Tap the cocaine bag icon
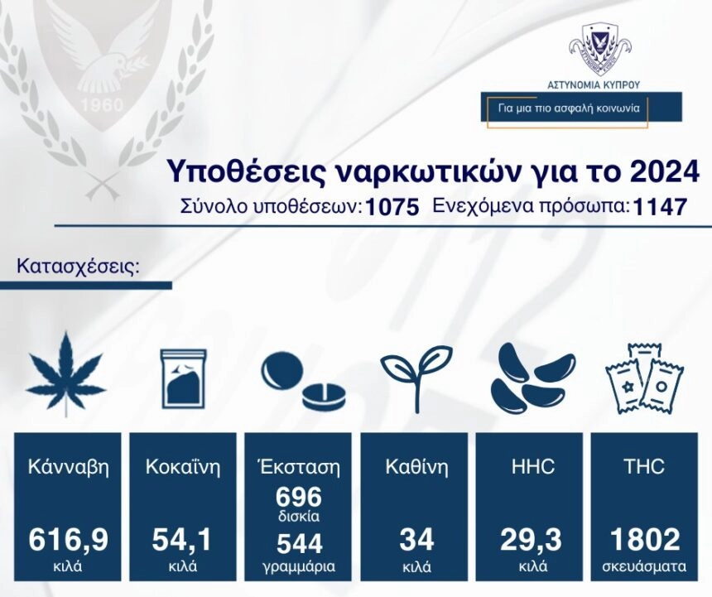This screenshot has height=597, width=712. click(184, 379)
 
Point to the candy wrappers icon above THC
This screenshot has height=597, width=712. click(645, 379)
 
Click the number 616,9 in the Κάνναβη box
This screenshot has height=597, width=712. click(68, 540)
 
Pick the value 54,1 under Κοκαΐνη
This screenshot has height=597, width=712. click(181, 540)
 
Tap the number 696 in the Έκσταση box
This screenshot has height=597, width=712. click(299, 497)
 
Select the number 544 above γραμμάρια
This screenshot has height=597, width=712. click(299, 543)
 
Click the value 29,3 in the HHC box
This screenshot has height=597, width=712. click(531, 540)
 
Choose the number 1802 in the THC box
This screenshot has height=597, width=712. click(645, 540)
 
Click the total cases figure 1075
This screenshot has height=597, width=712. click(392, 208)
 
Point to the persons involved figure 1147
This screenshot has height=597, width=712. click(659, 208)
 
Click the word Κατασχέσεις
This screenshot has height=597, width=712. click(77, 266)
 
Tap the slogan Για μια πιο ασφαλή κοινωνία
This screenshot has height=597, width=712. click(569, 108)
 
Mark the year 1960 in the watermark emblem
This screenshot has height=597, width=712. click(102, 105)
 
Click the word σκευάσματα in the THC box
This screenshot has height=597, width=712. click(644, 566)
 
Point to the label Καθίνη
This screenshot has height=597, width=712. click(416, 467)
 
